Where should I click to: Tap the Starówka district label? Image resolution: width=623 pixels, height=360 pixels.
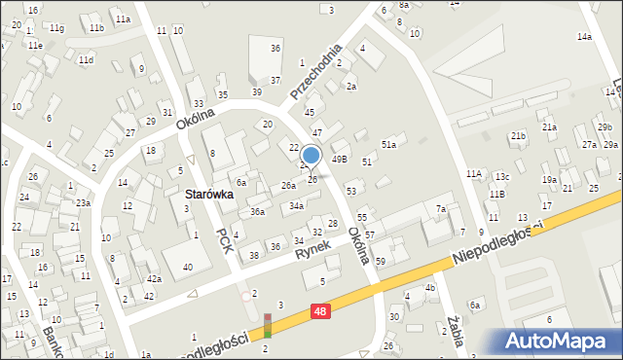coord(207,194)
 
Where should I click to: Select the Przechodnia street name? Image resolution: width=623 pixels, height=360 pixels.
coord(316,72)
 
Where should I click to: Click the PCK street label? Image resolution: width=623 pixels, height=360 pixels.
coord(226,241)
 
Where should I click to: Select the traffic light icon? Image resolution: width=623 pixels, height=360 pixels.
coord(268,325)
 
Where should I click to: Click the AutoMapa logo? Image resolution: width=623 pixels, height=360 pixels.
coord(559,342)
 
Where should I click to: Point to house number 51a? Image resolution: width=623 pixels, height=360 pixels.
coord(388,144)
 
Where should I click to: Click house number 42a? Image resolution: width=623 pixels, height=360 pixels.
coord(154,279)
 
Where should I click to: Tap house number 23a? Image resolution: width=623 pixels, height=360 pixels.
coord(84,202)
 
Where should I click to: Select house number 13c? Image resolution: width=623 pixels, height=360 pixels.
coord(502,176)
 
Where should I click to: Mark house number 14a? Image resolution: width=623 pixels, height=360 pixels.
coord(584,37)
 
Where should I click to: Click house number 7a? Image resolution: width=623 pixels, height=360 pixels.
coord(441,209)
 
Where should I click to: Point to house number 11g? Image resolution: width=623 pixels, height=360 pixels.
coord(57,27)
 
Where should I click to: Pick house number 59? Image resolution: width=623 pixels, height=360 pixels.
coord(381,261)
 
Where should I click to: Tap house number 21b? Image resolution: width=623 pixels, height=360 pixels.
coord(518,136)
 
